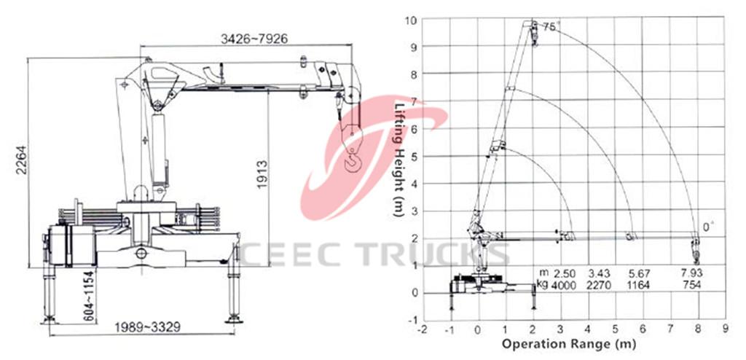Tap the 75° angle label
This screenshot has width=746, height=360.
point(550,27)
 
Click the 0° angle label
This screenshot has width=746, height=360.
point(705,227)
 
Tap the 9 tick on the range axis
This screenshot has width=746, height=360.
point(725,329)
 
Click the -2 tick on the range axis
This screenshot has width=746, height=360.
point(422,329)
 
